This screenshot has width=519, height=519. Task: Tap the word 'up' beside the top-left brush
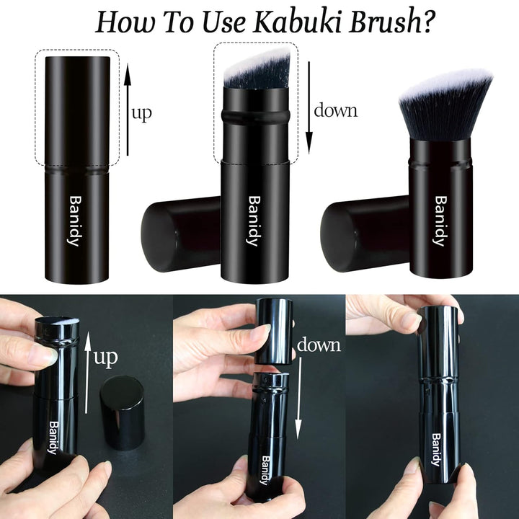click(x=142, y=113)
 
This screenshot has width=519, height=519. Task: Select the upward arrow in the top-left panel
click(x=128, y=109)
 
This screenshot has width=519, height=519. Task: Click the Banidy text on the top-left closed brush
click(x=74, y=220)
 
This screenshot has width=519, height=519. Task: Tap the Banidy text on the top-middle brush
click(x=253, y=220)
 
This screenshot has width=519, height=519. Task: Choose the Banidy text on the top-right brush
click(x=440, y=221)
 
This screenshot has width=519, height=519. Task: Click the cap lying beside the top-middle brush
click(x=181, y=234)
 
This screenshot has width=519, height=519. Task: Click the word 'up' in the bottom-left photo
click(x=106, y=358)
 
